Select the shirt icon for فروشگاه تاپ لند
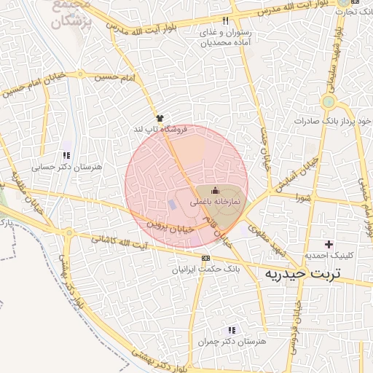point(160,117)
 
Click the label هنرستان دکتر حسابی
point(67,167)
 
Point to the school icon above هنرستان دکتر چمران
point(232,330)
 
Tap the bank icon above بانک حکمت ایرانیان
point(206,258)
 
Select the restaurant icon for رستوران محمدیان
point(226,21)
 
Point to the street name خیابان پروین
point(173,226)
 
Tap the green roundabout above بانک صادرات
point(329,101)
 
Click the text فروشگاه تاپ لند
point(160,129)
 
